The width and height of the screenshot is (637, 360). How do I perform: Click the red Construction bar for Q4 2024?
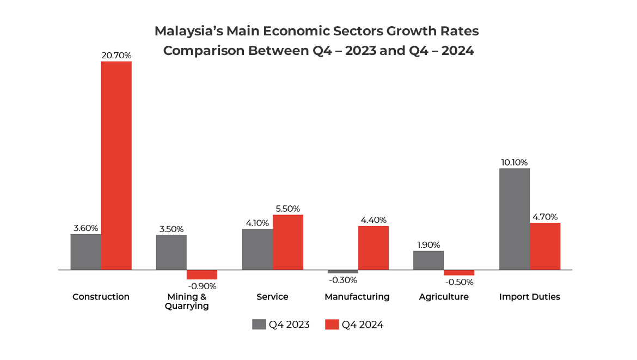[x=116, y=166]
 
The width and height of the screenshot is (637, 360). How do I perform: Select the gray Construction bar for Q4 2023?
[x=85, y=252]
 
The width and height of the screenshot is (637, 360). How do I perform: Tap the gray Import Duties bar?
[x=514, y=219]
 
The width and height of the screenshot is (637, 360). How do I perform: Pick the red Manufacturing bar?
[x=373, y=248]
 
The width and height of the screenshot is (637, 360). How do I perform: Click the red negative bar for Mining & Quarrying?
[x=202, y=274]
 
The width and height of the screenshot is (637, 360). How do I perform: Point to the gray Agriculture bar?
[x=428, y=260]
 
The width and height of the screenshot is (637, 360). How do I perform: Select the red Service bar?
[x=287, y=242]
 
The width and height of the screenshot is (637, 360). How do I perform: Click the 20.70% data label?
[x=116, y=56]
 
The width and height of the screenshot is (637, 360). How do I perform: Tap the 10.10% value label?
[x=514, y=162]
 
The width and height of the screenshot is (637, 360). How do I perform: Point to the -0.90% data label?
[x=201, y=286]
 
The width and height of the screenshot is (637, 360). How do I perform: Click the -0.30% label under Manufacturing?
[x=342, y=280]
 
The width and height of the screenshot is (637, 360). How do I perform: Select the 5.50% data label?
[x=287, y=209]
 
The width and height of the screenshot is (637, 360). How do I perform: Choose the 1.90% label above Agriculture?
[x=428, y=245]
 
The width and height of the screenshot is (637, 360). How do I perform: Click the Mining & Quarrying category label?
[x=187, y=301]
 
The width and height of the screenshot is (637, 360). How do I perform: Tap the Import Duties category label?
[x=530, y=297]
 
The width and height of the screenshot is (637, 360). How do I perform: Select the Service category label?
[x=272, y=297]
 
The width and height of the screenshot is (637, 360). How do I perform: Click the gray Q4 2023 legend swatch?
[x=259, y=325]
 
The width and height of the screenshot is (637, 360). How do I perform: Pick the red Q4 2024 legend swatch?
[x=332, y=325]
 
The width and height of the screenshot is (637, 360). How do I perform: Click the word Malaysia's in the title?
[x=186, y=31]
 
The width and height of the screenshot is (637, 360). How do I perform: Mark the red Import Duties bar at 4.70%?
[x=545, y=246]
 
